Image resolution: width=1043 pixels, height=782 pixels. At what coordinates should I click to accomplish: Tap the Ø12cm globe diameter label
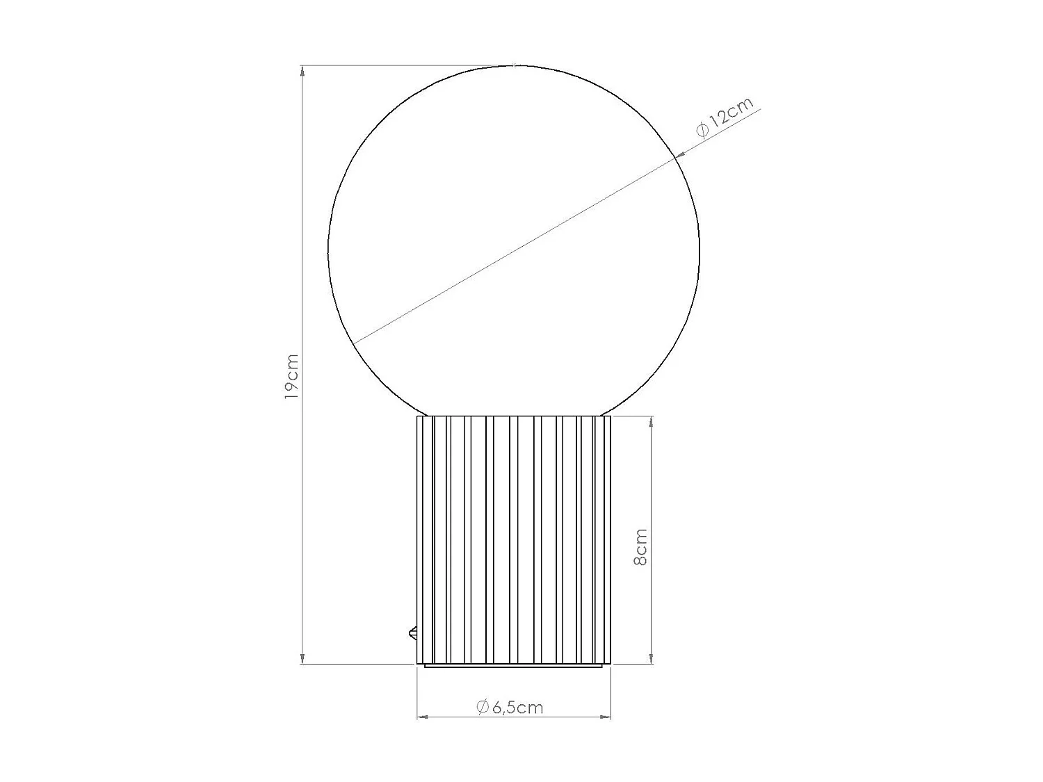pyautogui.click(x=724, y=120)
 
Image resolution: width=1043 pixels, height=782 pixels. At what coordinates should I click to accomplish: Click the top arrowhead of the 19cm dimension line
pyautogui.click(x=302, y=71)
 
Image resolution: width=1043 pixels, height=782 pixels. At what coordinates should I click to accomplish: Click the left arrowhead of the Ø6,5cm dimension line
pyautogui.click(x=422, y=716)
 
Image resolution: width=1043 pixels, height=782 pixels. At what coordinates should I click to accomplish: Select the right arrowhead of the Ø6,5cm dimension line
pyautogui.click(x=606, y=716)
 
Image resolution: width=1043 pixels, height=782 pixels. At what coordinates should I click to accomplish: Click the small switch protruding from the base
pyautogui.click(x=412, y=633)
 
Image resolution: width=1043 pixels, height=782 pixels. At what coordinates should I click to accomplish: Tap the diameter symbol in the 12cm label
pyautogui.click(x=701, y=130)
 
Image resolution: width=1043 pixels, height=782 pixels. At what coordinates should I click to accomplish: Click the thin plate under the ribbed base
pyautogui.click(x=514, y=666)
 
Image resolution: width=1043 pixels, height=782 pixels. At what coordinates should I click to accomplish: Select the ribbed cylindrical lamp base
pyautogui.click(x=514, y=539)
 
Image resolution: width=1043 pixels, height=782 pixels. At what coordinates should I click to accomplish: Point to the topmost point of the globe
pyautogui.click(x=514, y=65)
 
